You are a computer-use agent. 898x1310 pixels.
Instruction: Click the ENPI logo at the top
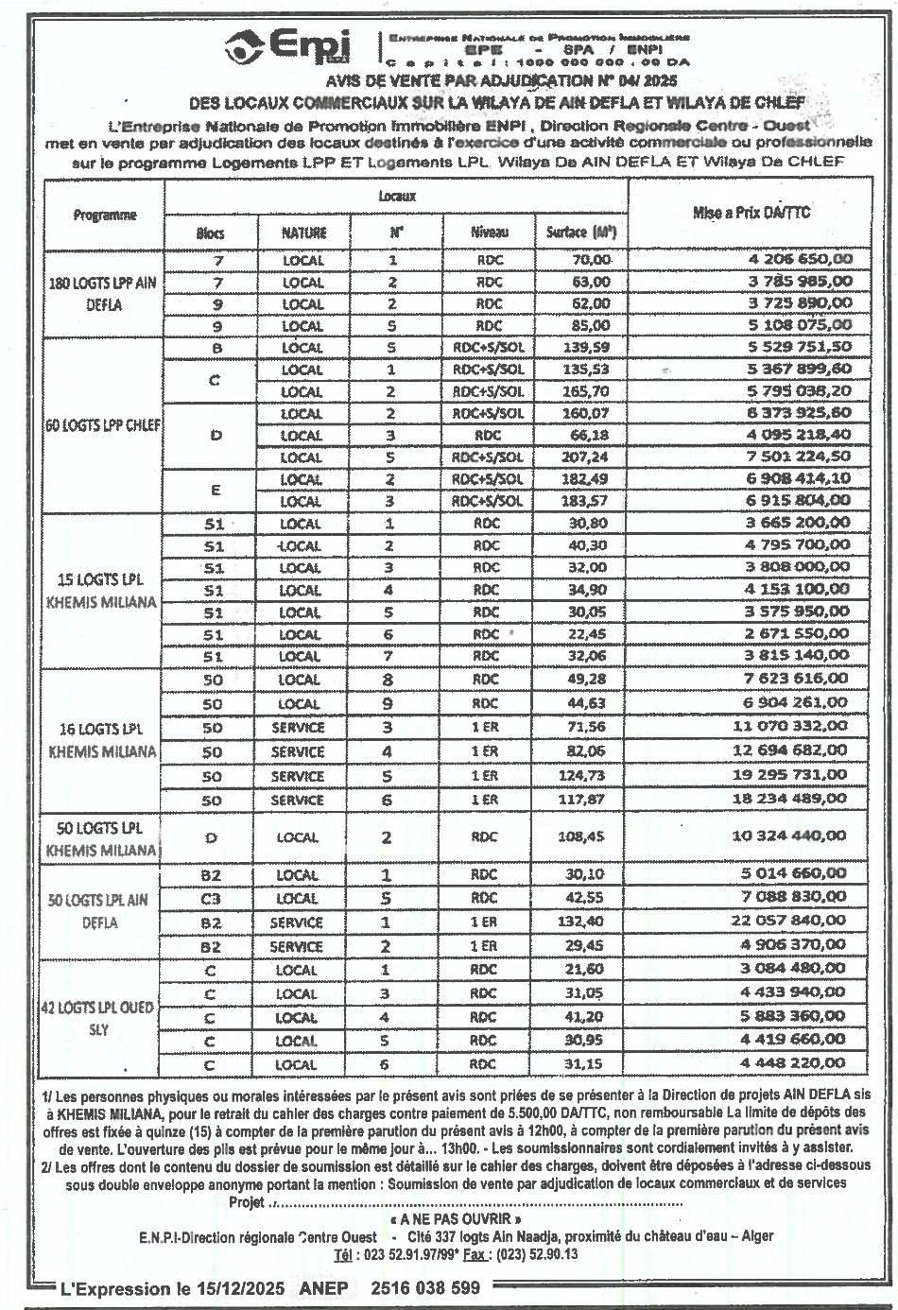point(288,45)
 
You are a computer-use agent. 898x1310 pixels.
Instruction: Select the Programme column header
point(105,215)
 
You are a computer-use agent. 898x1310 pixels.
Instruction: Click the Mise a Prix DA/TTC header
point(751,214)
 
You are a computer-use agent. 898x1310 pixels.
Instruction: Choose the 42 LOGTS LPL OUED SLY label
point(98,1019)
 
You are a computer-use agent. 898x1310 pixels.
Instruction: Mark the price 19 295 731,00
point(792,775)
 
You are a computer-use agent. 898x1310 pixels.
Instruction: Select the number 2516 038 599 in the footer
point(425,1287)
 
